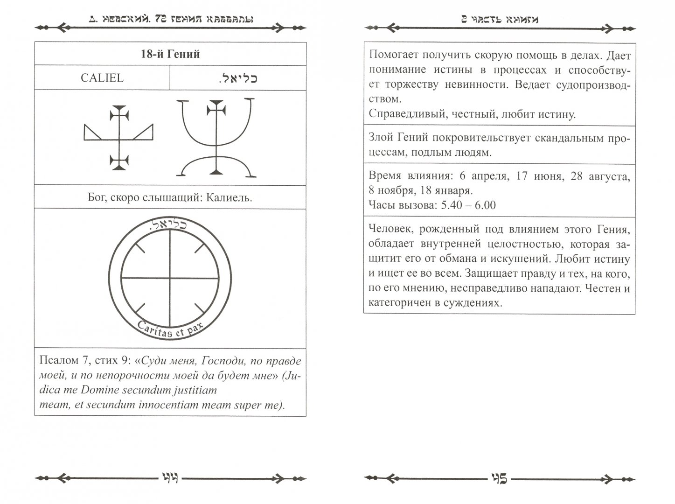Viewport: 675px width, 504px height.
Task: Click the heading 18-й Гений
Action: pos(170,55)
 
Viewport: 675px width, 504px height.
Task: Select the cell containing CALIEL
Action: pos(102,77)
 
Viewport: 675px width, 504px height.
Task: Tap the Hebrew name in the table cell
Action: pos(238,78)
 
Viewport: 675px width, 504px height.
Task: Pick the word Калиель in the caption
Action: pos(230,197)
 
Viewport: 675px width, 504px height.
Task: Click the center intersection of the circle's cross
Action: pos(170,278)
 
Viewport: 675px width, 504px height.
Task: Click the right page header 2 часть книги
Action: pos(499,20)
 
